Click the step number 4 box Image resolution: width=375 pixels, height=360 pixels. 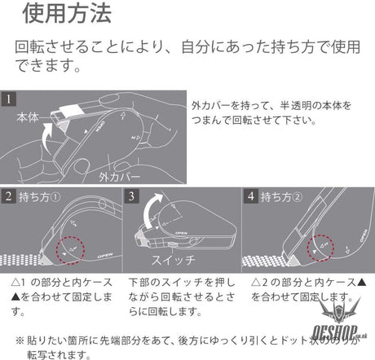[x=252, y=195]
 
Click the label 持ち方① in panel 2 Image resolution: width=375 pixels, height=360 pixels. [x=41, y=196]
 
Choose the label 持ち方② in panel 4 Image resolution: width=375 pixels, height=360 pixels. [x=284, y=196]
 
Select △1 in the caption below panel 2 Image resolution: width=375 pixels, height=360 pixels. [x=16, y=281]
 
